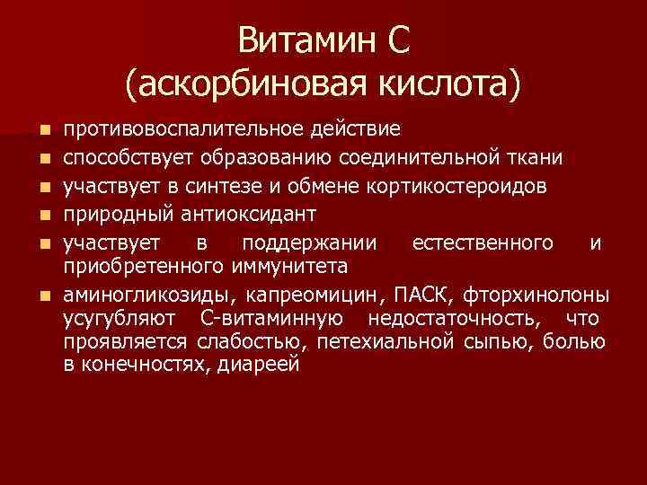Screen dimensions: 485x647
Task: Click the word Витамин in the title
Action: click(306, 41)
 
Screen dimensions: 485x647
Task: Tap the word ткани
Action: click(538, 158)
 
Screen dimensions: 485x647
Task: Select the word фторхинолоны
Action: click(540, 295)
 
